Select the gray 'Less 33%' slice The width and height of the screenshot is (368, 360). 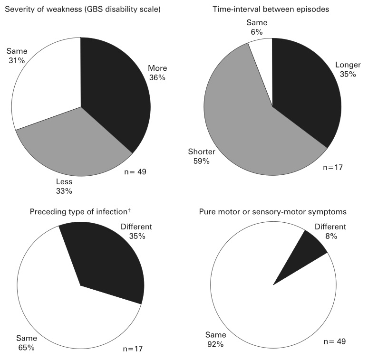(x=76, y=142)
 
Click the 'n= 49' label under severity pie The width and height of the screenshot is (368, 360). (x=134, y=171)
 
